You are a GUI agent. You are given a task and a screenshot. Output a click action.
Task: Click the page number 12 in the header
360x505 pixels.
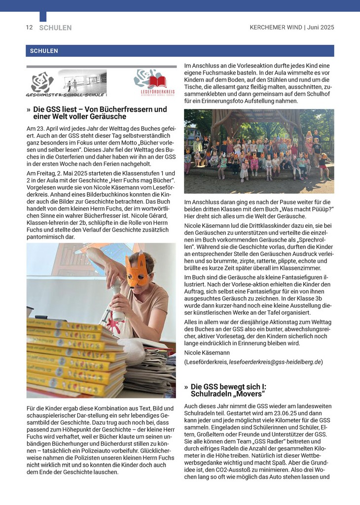[x=29, y=28]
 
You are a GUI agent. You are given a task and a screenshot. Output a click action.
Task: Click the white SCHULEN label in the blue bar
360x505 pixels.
[x=44, y=51]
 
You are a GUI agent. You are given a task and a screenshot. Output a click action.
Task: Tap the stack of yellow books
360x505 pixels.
[x=74, y=355]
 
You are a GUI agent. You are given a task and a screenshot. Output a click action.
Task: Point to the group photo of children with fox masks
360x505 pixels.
[x=259, y=151]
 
